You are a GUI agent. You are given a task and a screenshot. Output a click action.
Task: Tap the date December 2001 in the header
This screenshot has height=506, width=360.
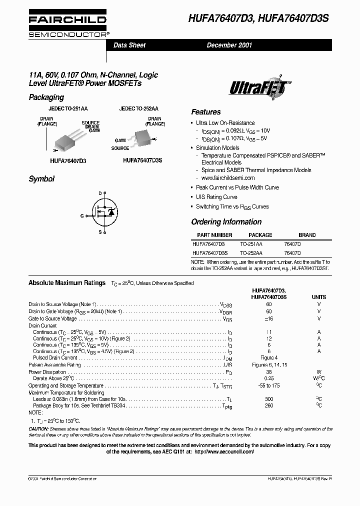click(229, 45)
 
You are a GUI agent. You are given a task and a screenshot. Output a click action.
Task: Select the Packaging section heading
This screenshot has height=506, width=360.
click(46, 97)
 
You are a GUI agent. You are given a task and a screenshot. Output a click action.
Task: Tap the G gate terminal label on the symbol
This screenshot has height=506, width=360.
click(82, 216)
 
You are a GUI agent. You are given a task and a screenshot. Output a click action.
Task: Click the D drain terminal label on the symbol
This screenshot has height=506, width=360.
click(100, 193)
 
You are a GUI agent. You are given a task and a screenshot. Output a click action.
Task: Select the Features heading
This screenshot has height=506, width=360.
click(205, 112)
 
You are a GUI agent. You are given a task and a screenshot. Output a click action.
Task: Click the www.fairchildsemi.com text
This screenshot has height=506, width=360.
click(228, 178)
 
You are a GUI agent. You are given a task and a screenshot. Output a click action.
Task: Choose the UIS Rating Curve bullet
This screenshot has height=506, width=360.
click(216, 197)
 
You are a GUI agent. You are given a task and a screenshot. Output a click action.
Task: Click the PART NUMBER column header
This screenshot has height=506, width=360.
click(214, 235)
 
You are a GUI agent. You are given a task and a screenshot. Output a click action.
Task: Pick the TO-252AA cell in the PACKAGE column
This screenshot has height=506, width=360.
click(251, 253)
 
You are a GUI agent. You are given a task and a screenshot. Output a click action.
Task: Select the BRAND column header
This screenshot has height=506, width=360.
click(307, 235)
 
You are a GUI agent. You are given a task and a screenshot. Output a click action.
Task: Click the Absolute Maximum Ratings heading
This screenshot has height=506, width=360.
click(67, 283)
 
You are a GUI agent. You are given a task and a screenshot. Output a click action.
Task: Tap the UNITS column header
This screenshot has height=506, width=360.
click(319, 297)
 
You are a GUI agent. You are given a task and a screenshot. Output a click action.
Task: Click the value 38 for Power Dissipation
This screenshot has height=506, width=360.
click(269, 372)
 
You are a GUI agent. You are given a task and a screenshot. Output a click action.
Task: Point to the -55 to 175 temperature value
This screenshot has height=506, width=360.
click(269, 386)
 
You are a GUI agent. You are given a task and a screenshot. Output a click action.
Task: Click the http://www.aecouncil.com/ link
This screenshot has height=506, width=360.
click(223, 451)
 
